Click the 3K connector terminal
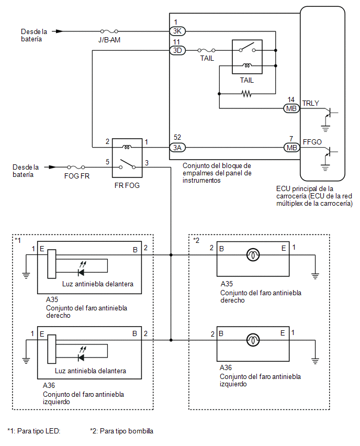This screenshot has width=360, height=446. tap(177, 31)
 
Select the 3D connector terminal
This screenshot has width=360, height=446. tap(177, 50)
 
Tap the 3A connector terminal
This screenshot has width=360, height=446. tap(177, 148)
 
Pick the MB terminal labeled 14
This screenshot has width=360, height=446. tap(291, 108)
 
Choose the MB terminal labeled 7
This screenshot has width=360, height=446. tap(291, 148)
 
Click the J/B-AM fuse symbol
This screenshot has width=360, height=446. tap(109, 31)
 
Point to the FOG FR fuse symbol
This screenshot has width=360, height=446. tap(76, 168)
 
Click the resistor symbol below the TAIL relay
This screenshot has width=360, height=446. tap(246, 94)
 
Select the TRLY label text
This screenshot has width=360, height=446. tap(310, 103)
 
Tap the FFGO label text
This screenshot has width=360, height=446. tap(312, 142)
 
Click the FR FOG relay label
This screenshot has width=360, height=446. tap(127, 185)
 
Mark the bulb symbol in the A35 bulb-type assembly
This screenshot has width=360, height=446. tap(253, 255)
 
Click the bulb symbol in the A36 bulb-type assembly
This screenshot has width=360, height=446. tap(253, 340)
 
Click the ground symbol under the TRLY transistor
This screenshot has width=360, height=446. tap(325, 128)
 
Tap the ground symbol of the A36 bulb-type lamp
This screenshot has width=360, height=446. tap(315, 361)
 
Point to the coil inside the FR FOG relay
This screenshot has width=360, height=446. tap(127, 147)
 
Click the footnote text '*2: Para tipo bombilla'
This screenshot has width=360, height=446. tap(122, 431)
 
